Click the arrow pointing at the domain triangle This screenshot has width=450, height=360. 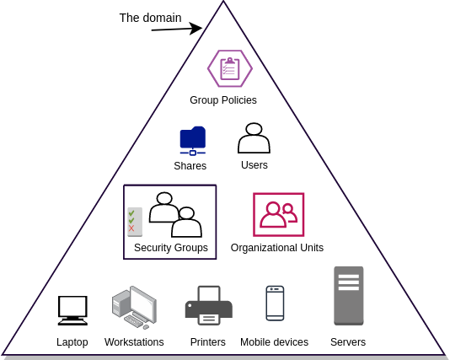(x=177, y=29)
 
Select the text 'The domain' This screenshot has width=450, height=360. (x=150, y=18)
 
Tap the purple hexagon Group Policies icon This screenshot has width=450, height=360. (x=230, y=68)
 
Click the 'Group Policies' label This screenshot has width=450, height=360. (x=223, y=100)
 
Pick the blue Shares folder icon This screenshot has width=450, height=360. (x=193, y=141)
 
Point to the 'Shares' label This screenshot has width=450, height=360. (x=190, y=166)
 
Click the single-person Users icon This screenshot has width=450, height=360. (x=254, y=138)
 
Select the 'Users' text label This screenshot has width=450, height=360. (x=254, y=165)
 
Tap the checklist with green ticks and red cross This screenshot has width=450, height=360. (x=135, y=222)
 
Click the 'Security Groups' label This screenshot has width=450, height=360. (x=171, y=248)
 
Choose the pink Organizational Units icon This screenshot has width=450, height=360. (x=278, y=214)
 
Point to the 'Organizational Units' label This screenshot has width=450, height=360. (x=277, y=248)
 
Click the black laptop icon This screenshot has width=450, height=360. (x=72, y=310)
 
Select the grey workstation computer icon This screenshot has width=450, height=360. (x=134, y=307)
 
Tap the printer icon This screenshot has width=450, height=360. (x=209, y=305)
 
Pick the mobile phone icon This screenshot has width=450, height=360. (x=275, y=303)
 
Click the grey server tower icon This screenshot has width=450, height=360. (x=349, y=296)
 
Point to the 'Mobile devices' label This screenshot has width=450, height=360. (x=275, y=342)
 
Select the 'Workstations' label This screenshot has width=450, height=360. (x=134, y=342)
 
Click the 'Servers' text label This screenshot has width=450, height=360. (x=348, y=342)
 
